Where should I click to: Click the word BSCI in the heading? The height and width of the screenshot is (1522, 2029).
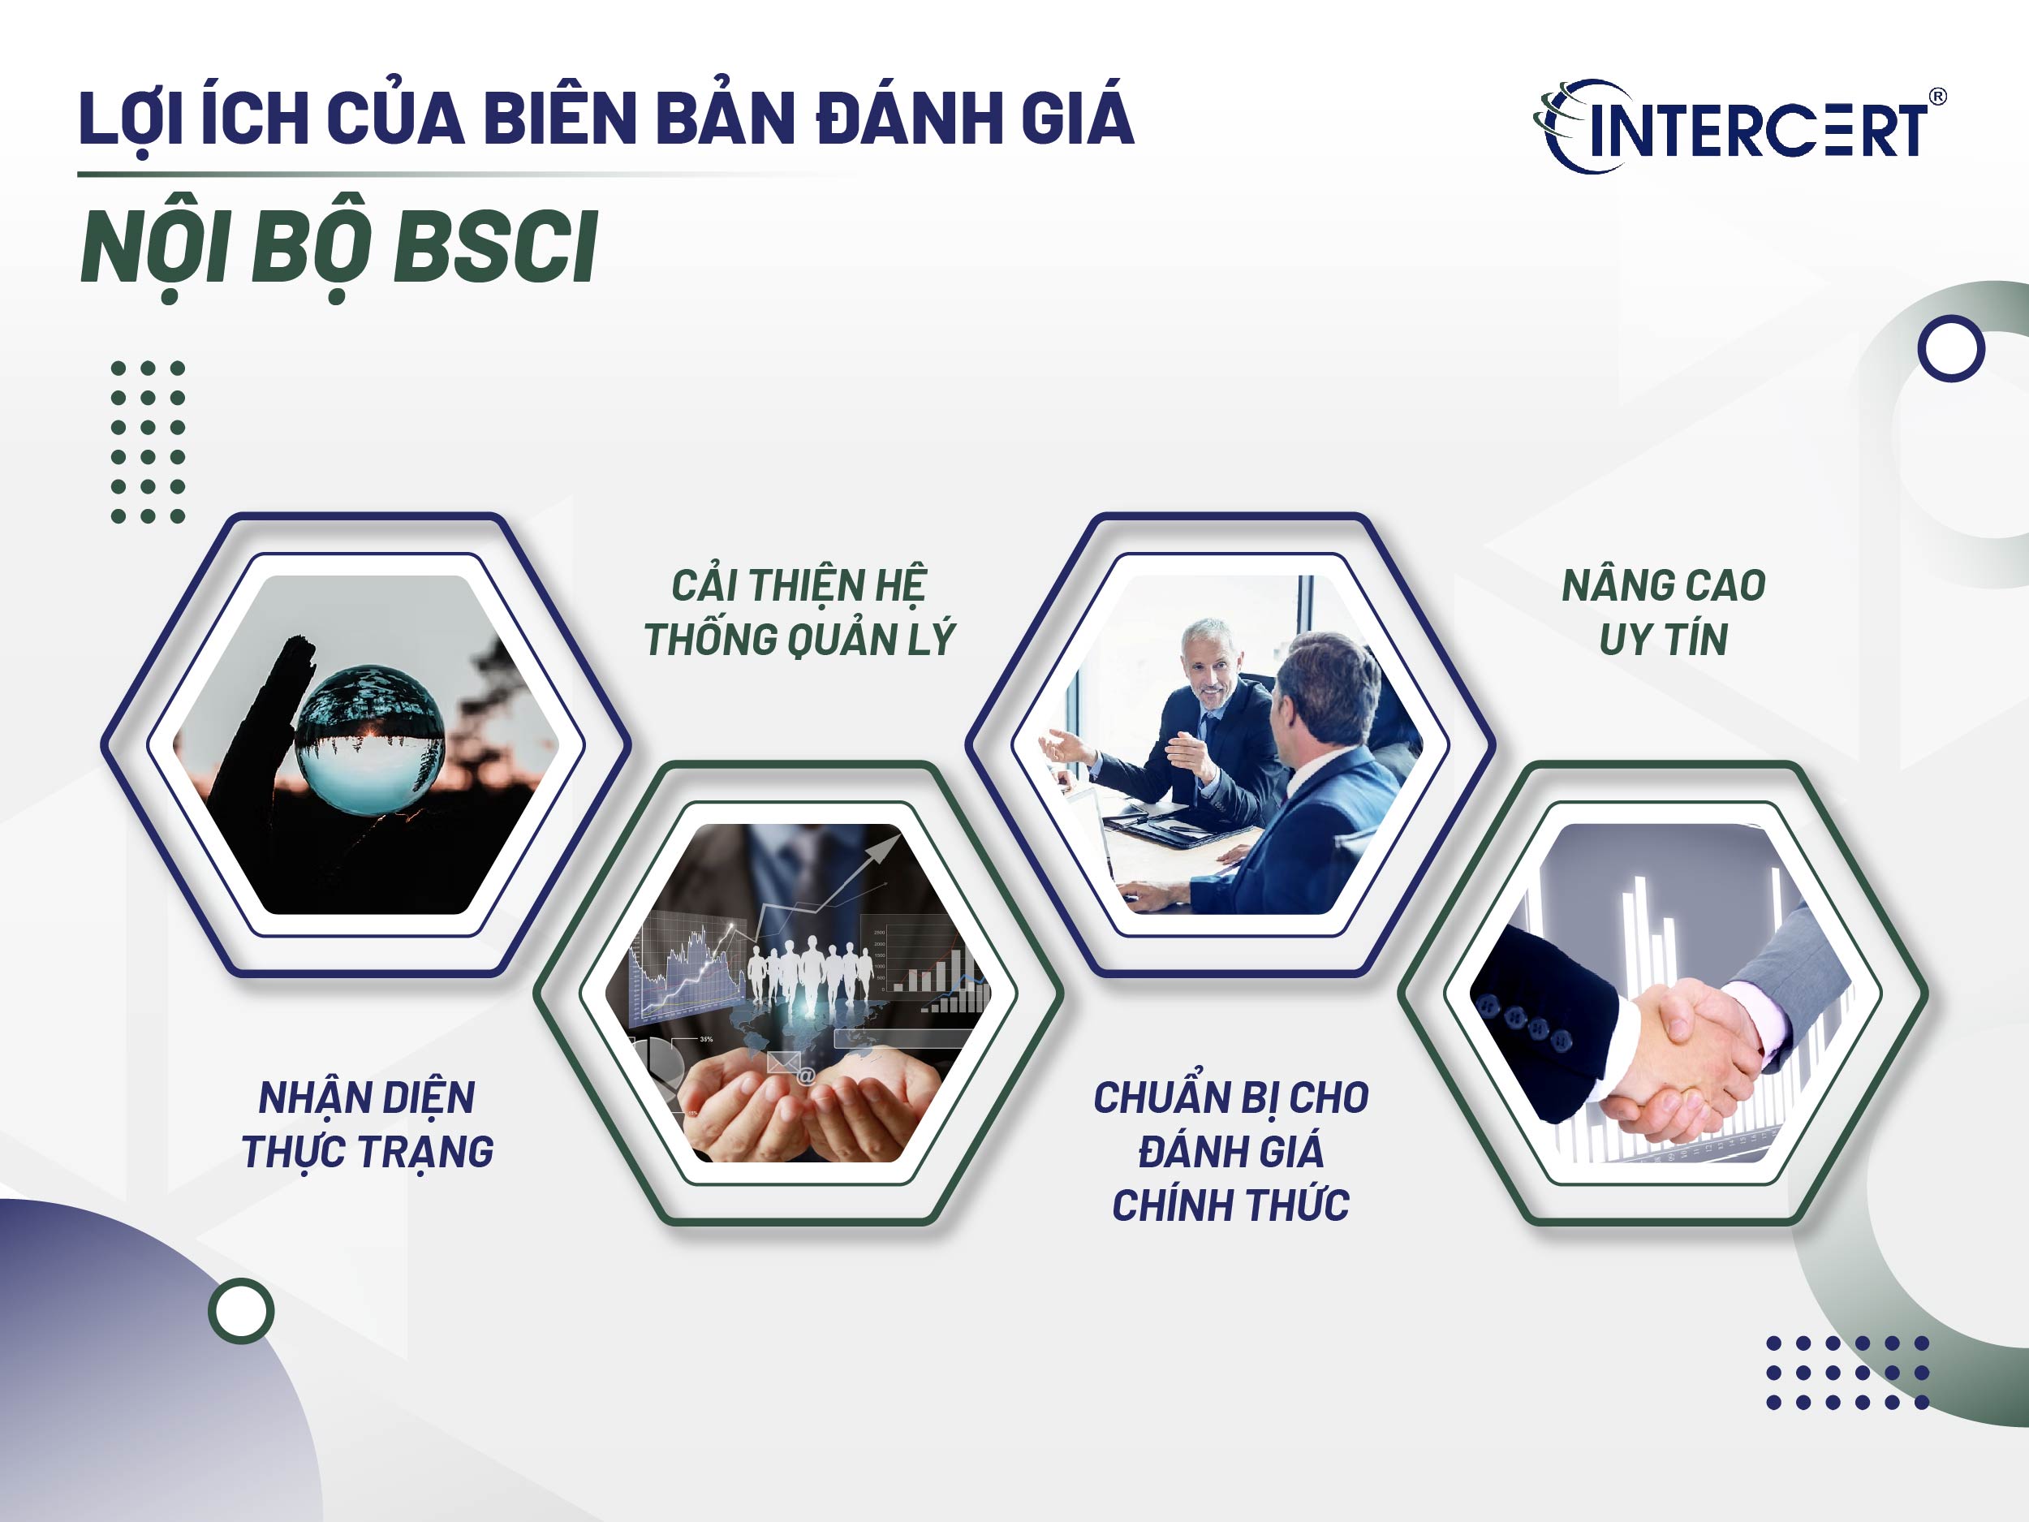(495, 247)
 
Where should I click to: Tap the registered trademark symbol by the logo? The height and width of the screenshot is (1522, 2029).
(1937, 97)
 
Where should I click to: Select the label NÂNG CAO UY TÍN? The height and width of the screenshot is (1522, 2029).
(1663, 612)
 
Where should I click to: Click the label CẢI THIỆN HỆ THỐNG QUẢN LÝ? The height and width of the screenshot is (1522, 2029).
(799, 612)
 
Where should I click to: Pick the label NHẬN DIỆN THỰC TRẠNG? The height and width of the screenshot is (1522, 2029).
(367, 1123)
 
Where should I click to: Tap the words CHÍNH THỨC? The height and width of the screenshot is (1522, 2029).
(1230, 1205)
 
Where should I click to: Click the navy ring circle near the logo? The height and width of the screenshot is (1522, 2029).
(1951, 348)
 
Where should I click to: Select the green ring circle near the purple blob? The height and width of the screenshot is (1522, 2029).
(241, 1311)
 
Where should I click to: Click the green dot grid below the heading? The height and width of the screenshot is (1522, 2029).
(148, 442)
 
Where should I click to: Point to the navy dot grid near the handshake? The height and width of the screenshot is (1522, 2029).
(1847, 1373)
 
